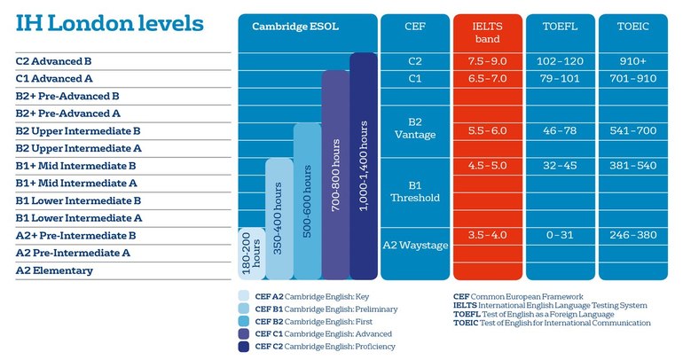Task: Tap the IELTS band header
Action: coord(487,33)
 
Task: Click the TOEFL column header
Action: coord(559,27)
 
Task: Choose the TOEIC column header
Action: coord(632,27)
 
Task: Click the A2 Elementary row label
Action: coord(54,270)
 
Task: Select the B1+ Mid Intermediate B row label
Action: coord(75,166)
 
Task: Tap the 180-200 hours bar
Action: coord(251,254)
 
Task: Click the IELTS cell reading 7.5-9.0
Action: coord(487,62)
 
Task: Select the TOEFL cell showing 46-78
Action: coord(559,130)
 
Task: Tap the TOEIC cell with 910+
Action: coord(632,62)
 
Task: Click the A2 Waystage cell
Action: coord(416,244)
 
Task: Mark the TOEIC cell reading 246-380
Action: coord(632,235)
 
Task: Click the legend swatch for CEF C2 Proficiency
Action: coord(244,346)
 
